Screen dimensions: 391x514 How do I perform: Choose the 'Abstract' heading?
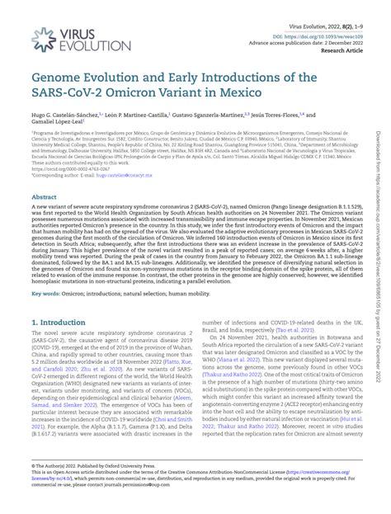click(x=44, y=198)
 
